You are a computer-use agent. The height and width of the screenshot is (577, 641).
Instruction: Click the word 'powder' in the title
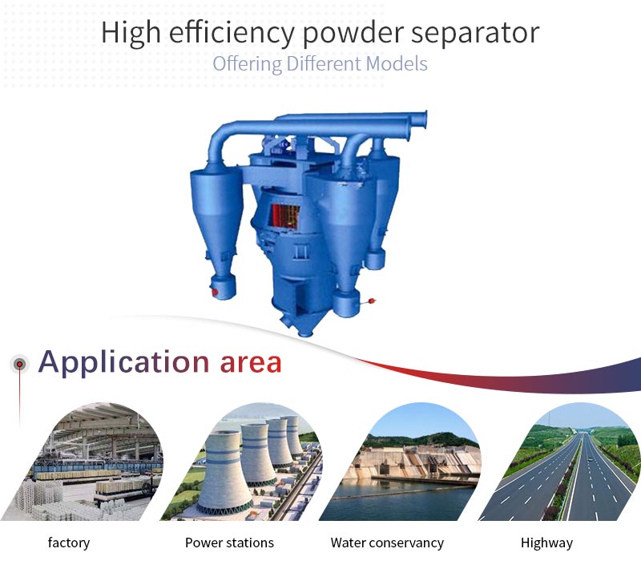click(x=353, y=33)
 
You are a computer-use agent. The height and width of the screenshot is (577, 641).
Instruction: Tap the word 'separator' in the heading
click(x=475, y=33)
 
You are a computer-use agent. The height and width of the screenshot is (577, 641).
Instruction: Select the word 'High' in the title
click(x=131, y=33)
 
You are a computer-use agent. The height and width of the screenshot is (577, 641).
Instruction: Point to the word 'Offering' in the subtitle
click(x=247, y=64)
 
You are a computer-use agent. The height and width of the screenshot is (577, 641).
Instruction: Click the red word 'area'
click(x=251, y=363)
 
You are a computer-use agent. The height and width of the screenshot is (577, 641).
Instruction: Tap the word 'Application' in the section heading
click(x=124, y=363)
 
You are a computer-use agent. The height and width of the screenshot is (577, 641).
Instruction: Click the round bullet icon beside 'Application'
click(x=19, y=364)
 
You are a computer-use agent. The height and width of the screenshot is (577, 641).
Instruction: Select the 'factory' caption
click(x=69, y=543)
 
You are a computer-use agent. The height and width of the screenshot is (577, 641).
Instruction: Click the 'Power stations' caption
click(x=229, y=543)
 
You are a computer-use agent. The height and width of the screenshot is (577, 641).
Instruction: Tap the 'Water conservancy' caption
click(x=387, y=543)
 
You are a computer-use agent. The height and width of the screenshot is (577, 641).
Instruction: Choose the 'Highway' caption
click(x=546, y=543)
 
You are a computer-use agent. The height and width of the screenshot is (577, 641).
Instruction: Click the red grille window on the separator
click(x=285, y=216)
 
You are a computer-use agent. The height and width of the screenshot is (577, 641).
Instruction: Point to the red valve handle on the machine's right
click(x=371, y=301)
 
